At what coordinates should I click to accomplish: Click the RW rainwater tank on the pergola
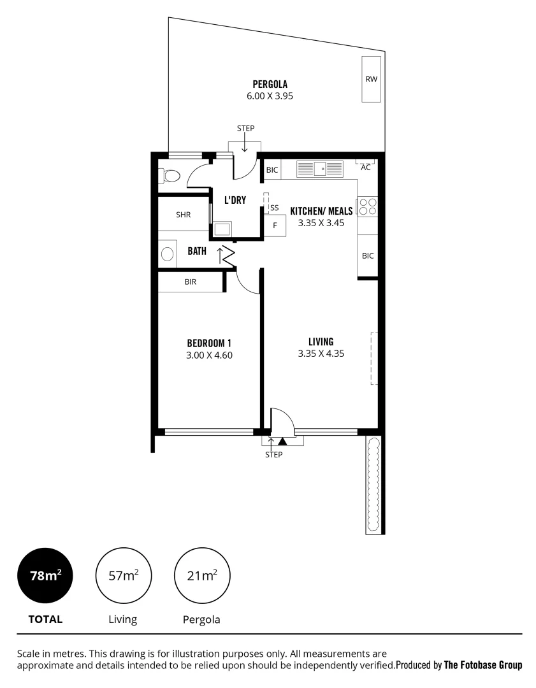[371, 79]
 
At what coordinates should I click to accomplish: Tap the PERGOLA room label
[270, 83]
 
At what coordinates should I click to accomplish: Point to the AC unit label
[366, 168]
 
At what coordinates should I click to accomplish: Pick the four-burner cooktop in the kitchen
[368, 206]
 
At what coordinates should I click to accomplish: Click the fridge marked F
[275, 226]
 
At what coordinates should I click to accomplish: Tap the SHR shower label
[184, 215]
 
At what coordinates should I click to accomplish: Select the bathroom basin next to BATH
[167, 254]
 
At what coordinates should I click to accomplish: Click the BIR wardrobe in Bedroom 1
[190, 282]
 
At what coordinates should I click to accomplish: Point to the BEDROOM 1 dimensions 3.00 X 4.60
[209, 355]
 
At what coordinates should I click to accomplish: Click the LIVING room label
[321, 341]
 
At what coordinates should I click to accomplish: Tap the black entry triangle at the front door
[283, 440]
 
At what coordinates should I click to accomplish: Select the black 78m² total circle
[45, 576]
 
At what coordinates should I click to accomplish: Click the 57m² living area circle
[123, 576]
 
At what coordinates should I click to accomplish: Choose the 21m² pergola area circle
[201, 576]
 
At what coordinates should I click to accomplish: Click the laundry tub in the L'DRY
[222, 229]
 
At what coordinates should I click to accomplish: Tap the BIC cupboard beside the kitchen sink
[272, 170]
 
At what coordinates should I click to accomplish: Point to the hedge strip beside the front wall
[372, 484]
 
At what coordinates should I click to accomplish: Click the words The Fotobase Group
[482, 665]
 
